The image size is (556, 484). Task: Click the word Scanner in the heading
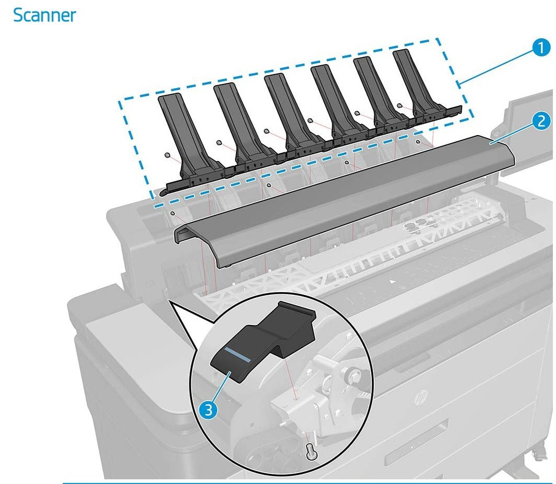coord(44,15)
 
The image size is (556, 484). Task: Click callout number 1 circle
coord(541,48)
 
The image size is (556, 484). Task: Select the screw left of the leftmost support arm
coord(167,155)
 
